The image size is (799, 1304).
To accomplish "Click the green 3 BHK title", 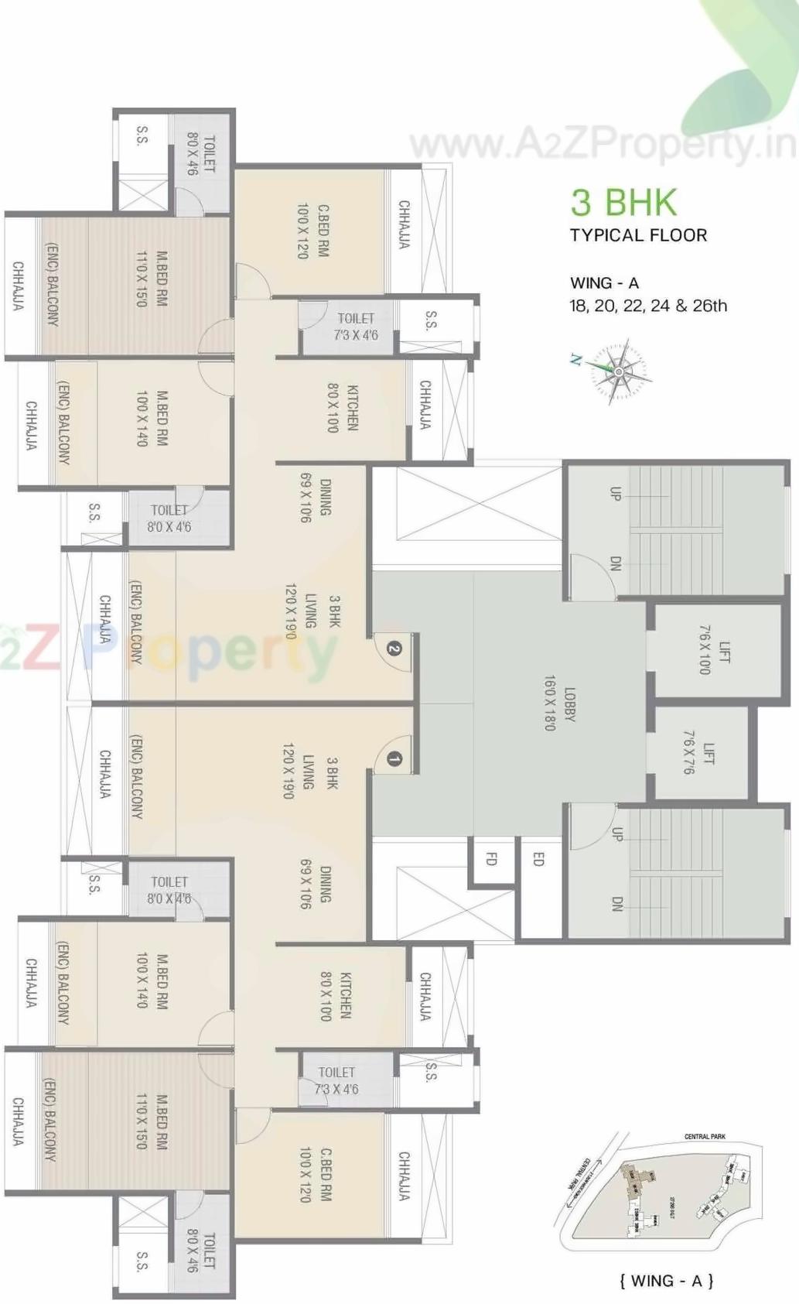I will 623,202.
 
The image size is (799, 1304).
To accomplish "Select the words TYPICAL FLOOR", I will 638,235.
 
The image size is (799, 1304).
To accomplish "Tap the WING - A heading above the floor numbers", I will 604,283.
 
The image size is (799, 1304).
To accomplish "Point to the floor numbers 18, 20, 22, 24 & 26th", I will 648,306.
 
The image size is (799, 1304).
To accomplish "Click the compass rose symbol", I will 619,371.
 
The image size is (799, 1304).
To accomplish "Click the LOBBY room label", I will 570,703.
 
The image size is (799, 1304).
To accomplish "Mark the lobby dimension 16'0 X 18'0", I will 550,703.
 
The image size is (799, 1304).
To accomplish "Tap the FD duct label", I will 491,858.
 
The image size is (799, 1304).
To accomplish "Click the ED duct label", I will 538,858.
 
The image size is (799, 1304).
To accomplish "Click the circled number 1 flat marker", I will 393,759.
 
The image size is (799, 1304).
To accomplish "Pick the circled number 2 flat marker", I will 394,649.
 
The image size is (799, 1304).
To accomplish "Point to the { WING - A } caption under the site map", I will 666,1281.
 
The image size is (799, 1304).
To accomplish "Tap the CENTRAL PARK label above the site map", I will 705,1137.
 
